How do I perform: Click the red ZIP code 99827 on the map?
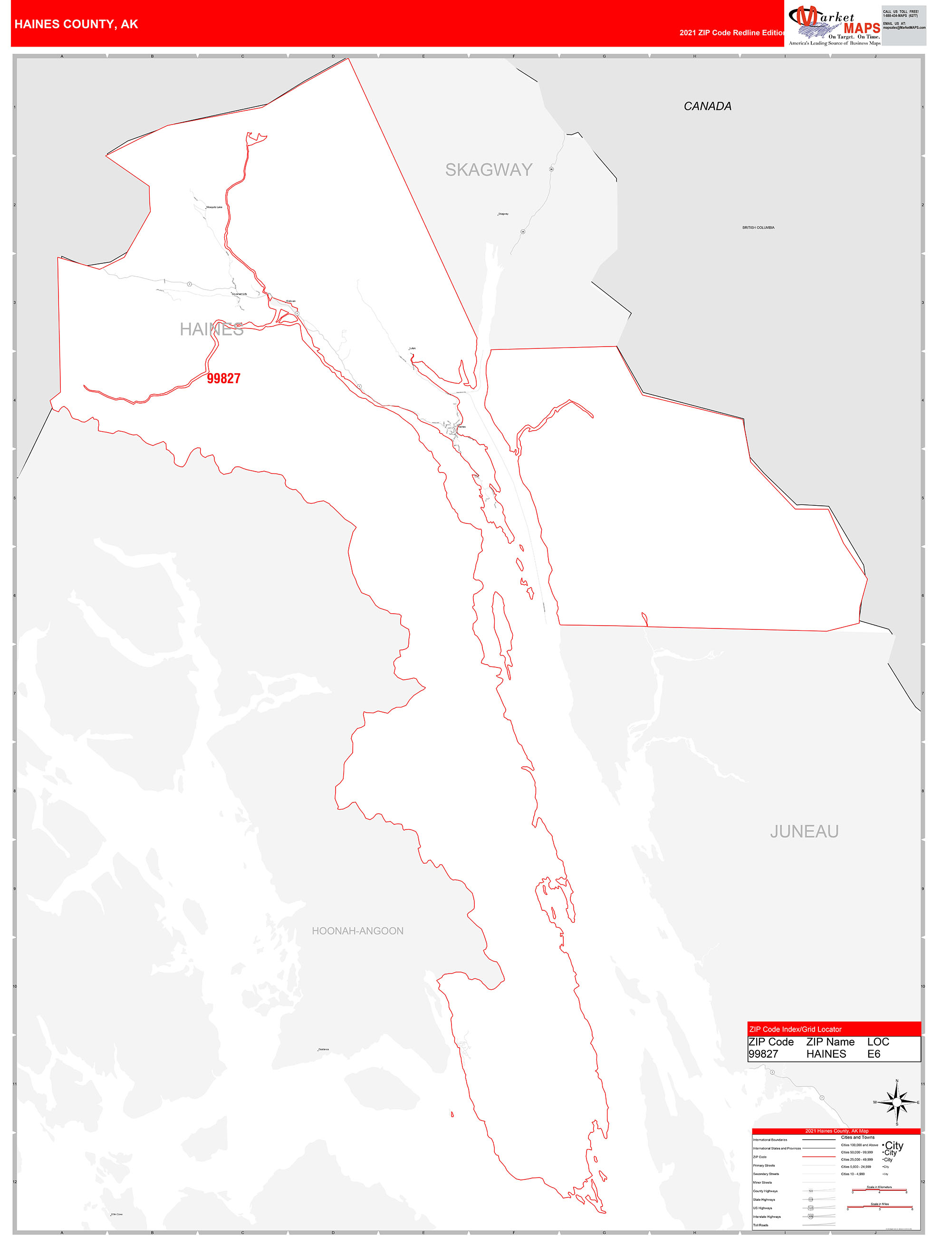click(x=223, y=378)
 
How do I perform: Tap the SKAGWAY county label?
click(x=489, y=170)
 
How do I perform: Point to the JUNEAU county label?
click(x=804, y=832)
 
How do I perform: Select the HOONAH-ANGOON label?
click(x=357, y=931)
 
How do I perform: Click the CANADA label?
click(x=707, y=106)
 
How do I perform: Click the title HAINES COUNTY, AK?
click(x=76, y=24)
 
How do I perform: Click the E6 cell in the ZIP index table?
click(x=874, y=1054)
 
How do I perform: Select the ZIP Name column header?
click(x=830, y=1042)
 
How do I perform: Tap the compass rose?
click(x=897, y=1102)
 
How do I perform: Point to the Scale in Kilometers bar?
click(x=879, y=1190)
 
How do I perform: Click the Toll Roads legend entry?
click(x=760, y=1225)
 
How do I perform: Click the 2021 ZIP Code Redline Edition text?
click(x=732, y=33)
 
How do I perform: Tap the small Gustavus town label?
click(x=324, y=1049)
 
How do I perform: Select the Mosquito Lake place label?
click(x=214, y=207)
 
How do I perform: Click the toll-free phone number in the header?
click(x=900, y=16)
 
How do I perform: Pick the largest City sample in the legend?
click(x=894, y=1146)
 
